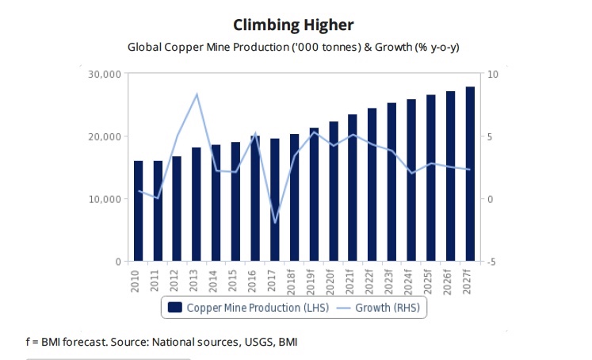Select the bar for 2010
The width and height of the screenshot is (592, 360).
[139, 211]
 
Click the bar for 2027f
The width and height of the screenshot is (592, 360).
[469, 174]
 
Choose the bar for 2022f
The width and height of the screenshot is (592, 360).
[372, 184]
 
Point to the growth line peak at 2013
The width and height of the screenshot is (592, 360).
[197, 94]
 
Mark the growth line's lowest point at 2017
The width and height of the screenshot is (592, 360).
[274, 223]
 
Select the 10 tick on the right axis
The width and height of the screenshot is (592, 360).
[492, 75]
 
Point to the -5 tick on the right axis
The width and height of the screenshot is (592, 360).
[491, 262]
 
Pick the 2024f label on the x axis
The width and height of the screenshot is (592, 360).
[411, 280]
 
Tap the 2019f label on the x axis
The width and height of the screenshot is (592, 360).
[313, 280]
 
